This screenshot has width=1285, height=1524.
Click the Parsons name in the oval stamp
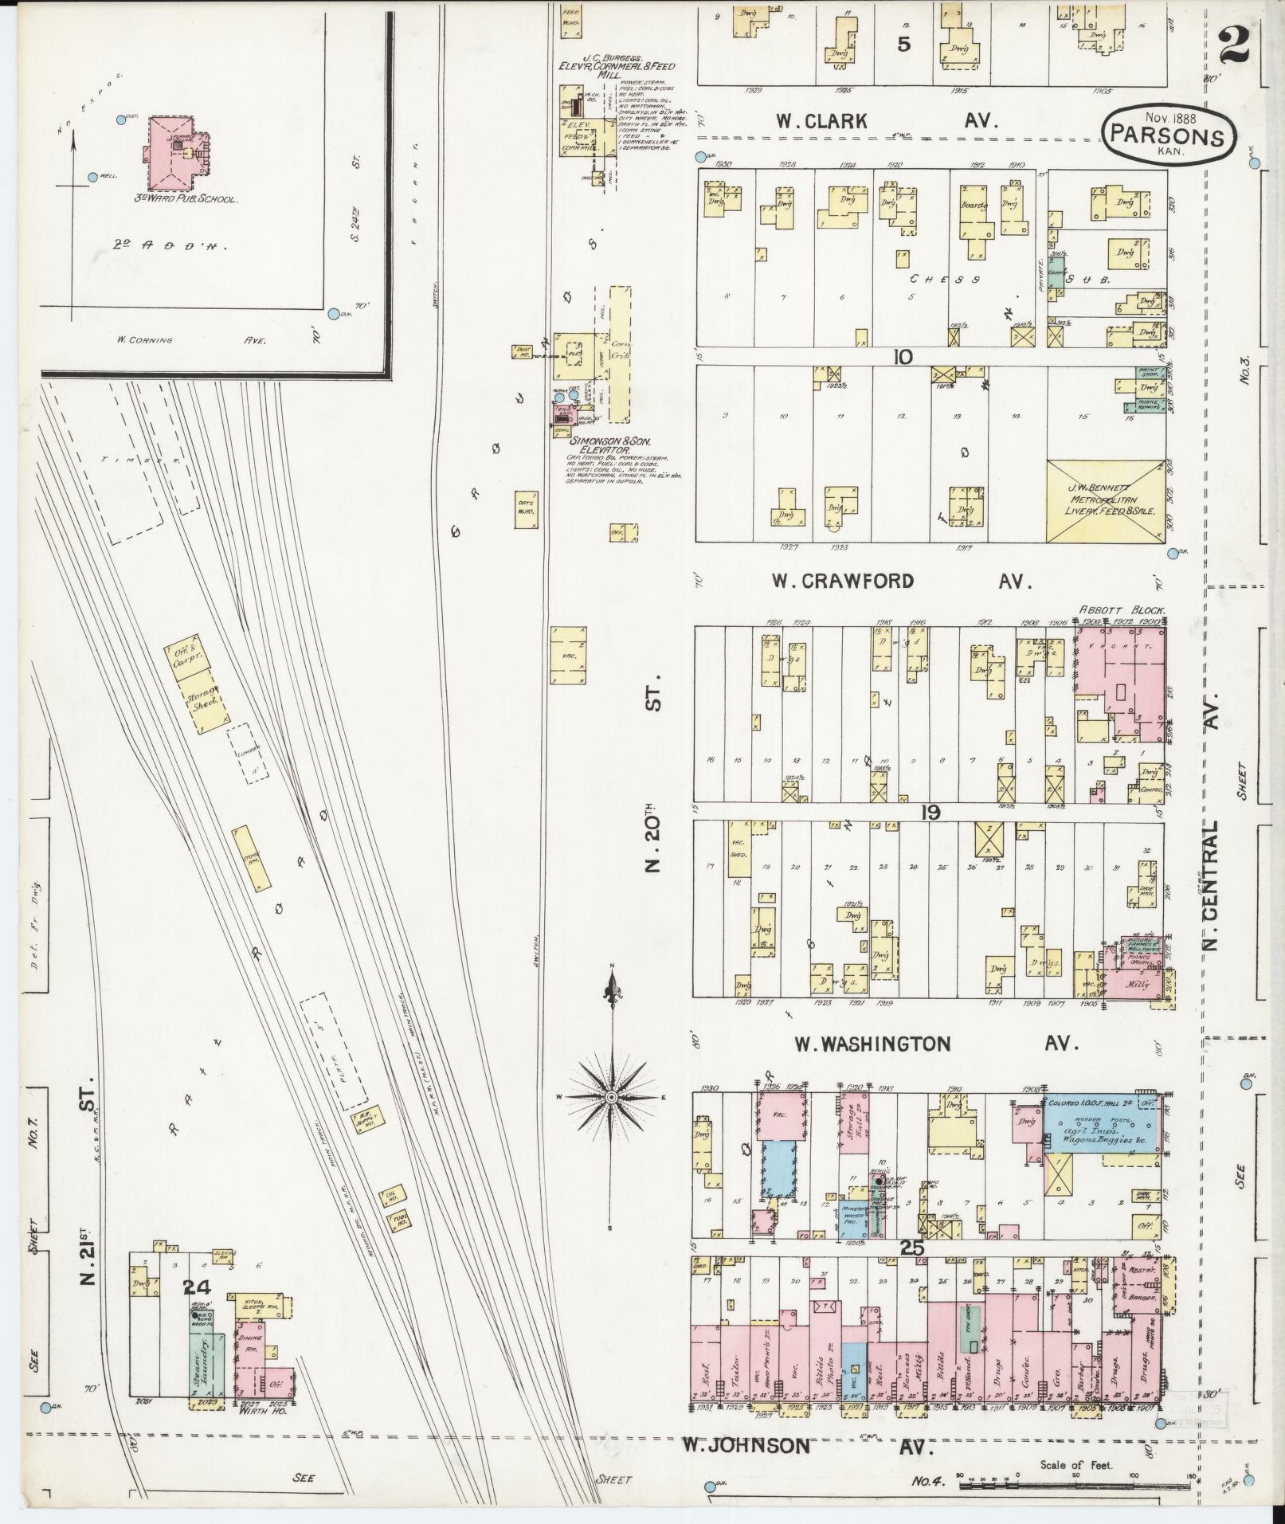point(1169,136)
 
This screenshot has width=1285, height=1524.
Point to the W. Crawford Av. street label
point(900,581)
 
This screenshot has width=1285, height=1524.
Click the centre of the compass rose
point(610,1098)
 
